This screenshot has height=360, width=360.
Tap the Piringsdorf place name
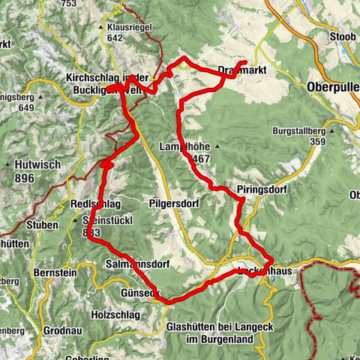pos(261,190)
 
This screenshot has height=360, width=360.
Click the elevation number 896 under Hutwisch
pos(34,178)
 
